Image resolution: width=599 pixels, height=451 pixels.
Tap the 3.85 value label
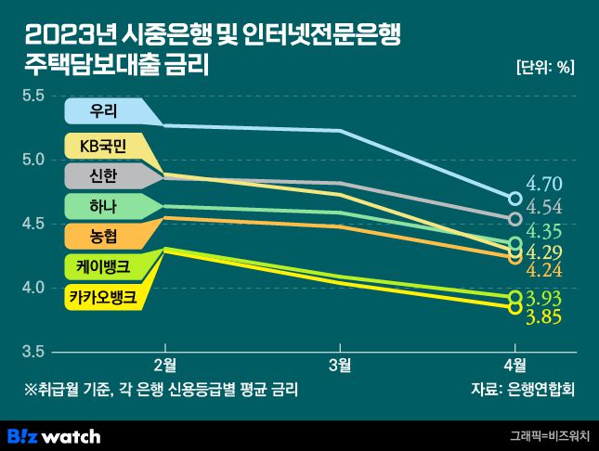point(544,317)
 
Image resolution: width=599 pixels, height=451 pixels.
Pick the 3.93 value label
point(544,298)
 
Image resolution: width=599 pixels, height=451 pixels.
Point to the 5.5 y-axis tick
point(33,95)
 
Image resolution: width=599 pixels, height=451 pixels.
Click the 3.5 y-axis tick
point(33,352)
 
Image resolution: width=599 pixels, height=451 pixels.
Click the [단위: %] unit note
point(545,67)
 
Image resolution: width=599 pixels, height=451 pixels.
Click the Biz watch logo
point(54,435)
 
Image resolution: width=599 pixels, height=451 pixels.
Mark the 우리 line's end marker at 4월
point(514,198)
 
